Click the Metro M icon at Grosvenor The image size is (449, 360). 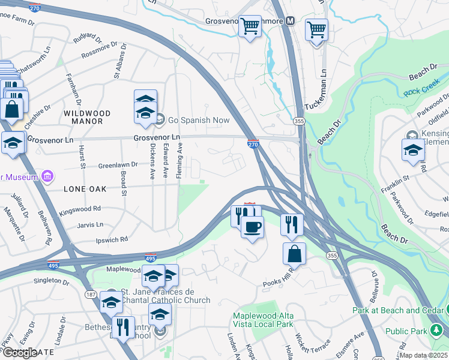click(x=291, y=21)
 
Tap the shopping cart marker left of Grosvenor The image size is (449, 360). click(x=250, y=26)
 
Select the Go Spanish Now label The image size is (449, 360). click(x=199, y=120)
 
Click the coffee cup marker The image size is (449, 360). click(x=252, y=227)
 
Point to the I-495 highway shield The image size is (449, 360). click(x=151, y=258)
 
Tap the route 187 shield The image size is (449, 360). click(x=90, y=295)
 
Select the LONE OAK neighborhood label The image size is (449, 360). click(x=85, y=189)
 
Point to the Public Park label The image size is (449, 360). click(x=406, y=331)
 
